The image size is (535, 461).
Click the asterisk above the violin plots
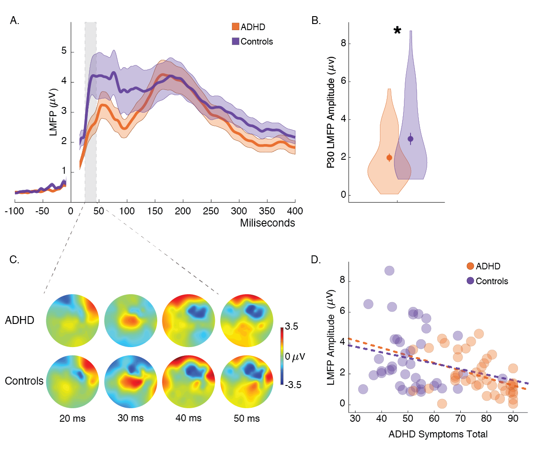[x=397, y=31]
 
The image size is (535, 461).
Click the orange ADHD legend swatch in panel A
[x=235, y=27]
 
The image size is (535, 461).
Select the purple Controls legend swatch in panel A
[x=235, y=41]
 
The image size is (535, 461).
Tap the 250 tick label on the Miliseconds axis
[x=211, y=211]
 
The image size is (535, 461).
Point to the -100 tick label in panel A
[x=14, y=211]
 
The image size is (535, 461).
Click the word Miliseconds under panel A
[x=267, y=223]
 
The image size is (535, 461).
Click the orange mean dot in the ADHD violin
[x=389, y=158]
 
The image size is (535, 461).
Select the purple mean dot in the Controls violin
[x=411, y=139]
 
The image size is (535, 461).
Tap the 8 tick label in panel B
[x=343, y=43]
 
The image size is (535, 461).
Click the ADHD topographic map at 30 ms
[x=131, y=320]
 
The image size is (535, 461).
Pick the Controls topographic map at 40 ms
[x=189, y=381]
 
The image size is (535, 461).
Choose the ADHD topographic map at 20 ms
[x=72, y=320]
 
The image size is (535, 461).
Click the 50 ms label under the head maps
[x=247, y=419]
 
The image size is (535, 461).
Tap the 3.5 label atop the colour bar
[x=292, y=327]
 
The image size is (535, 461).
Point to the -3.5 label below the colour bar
[x=293, y=385]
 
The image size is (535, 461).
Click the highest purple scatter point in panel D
[x=389, y=271]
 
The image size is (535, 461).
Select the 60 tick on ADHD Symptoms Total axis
[x=434, y=419]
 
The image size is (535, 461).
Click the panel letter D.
[x=316, y=260]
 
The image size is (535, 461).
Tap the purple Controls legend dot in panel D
[x=470, y=281]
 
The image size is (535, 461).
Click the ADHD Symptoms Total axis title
[x=438, y=434]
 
